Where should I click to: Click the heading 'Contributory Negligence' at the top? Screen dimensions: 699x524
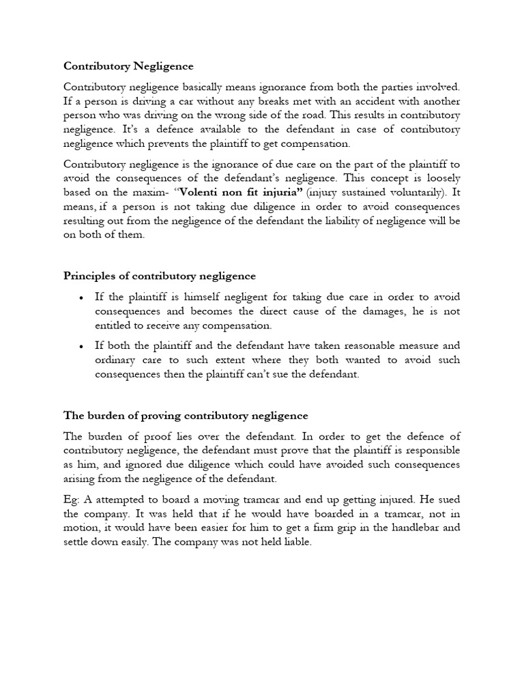(128, 66)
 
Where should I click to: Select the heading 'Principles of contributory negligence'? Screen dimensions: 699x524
(160, 276)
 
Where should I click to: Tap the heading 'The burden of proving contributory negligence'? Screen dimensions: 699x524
(186, 415)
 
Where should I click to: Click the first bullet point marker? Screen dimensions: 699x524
(81, 298)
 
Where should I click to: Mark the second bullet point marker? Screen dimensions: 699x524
(81, 346)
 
